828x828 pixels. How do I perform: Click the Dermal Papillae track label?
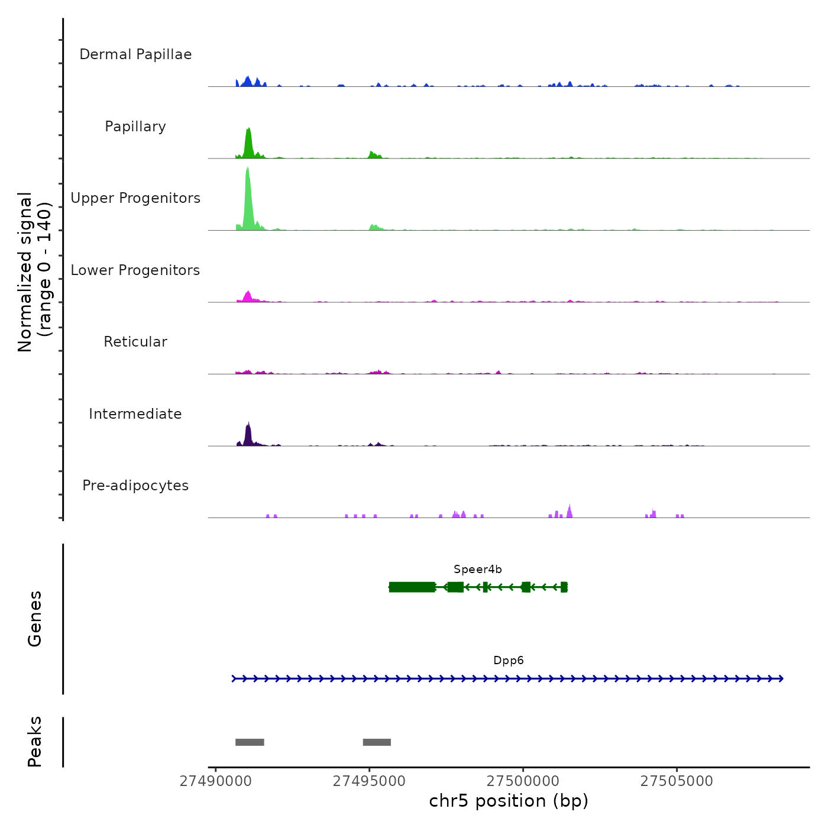tap(135, 54)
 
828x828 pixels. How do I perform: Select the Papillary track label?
tap(135, 127)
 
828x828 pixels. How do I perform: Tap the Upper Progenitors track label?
tap(135, 198)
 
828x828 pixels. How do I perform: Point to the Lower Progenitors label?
tap(135, 270)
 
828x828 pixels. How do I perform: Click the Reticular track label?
tap(135, 342)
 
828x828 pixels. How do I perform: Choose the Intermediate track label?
tap(135, 414)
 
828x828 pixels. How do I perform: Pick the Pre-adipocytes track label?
tap(135, 486)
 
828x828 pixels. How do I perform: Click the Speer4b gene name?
tap(478, 570)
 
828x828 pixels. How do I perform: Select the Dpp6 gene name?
tap(509, 661)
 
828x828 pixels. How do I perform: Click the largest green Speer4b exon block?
tap(412, 587)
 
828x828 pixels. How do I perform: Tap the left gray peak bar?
tap(250, 742)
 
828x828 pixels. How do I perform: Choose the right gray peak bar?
tap(377, 742)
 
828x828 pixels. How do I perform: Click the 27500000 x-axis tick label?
tap(523, 781)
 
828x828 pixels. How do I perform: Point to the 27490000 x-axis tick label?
tap(216, 781)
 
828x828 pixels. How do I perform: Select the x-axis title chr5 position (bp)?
tap(509, 801)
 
